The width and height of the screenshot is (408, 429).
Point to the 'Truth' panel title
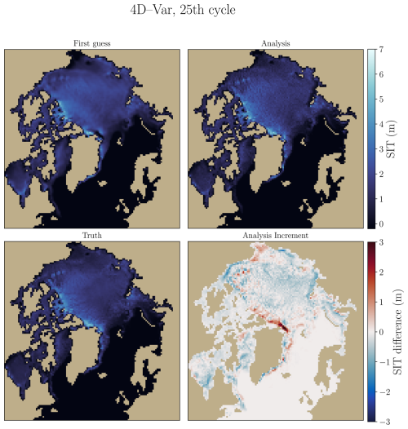[94, 235]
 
